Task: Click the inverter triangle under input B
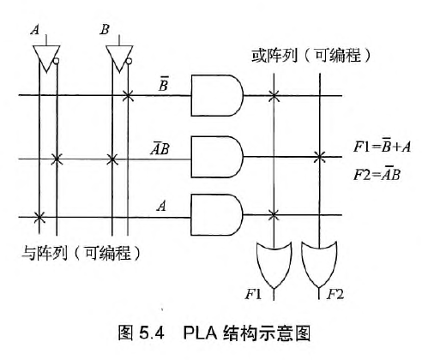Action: pyautogui.click(x=118, y=57)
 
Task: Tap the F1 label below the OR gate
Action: pyautogui.click(x=253, y=295)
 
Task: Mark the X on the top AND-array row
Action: pyautogui.click(x=128, y=94)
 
